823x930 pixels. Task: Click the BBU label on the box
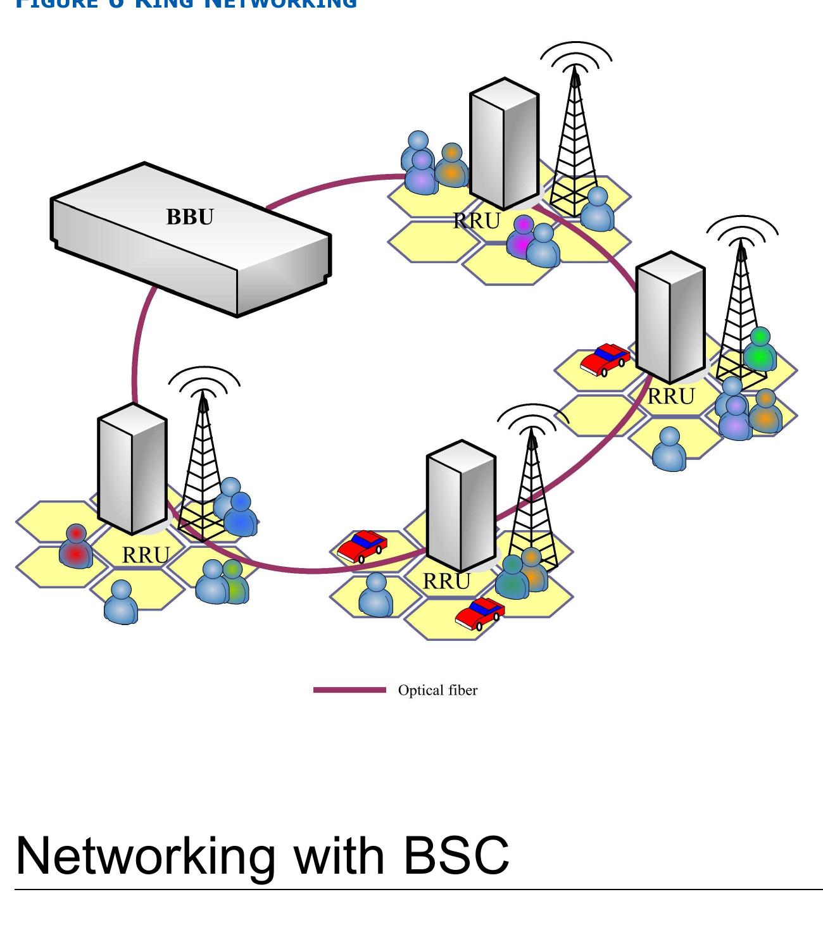click(190, 217)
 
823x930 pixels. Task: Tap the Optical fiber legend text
click(437, 690)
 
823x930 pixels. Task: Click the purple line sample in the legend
click(349, 690)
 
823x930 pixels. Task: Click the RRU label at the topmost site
click(477, 221)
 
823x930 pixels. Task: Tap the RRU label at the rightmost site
click(670, 397)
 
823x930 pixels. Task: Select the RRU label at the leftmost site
click(146, 555)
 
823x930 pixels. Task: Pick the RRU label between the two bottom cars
click(446, 581)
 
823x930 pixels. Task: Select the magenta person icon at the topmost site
click(523, 237)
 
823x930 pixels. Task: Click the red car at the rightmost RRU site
click(605, 359)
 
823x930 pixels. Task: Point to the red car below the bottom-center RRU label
click(479, 614)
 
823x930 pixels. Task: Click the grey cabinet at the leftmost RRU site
click(132, 468)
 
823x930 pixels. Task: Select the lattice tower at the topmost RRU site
click(575, 146)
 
